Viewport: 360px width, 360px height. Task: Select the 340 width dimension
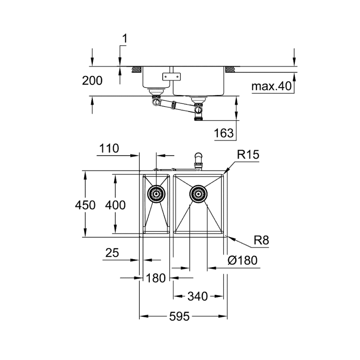(x=197, y=296)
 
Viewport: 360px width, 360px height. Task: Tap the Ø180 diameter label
(x=243, y=260)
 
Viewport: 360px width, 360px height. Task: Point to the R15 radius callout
(x=248, y=155)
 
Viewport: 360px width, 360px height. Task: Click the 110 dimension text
(x=109, y=148)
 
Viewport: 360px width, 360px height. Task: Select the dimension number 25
(x=112, y=253)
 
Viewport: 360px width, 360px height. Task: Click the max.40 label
(x=271, y=86)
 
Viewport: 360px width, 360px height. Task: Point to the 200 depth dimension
(x=92, y=80)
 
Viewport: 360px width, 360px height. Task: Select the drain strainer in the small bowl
(x=156, y=193)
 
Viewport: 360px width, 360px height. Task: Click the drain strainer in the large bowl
(x=198, y=193)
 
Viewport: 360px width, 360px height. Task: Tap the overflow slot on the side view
(x=171, y=76)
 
